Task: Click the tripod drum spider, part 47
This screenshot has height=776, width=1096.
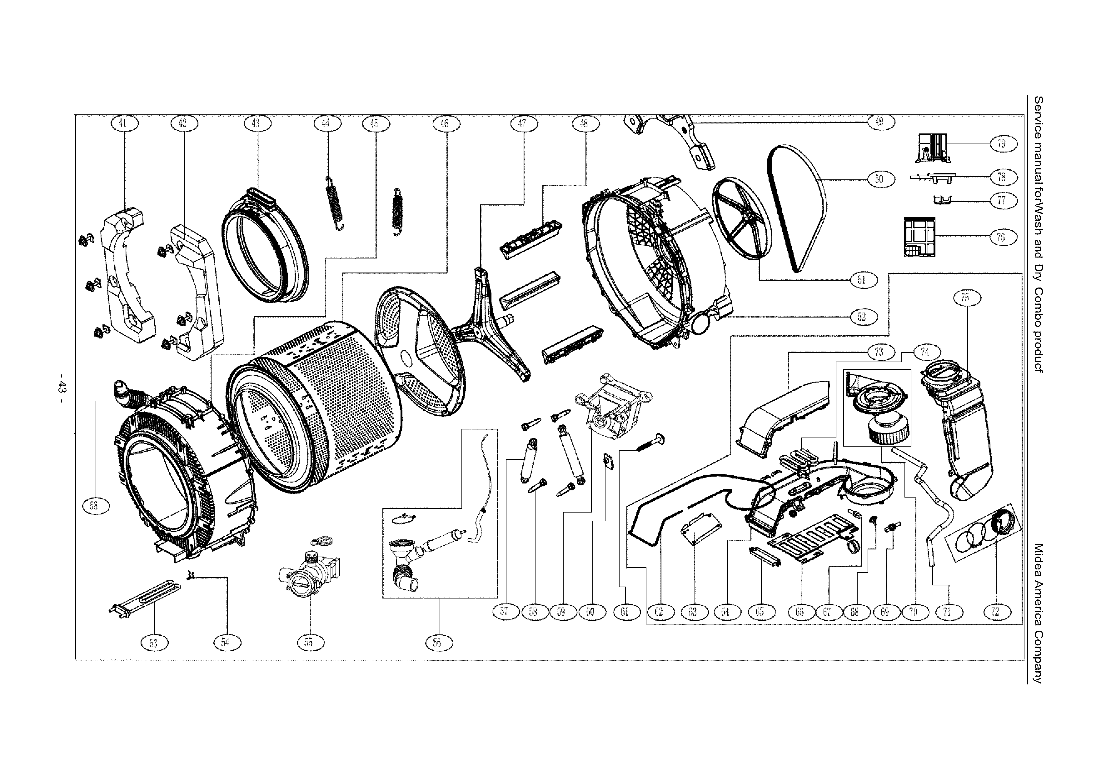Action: click(x=492, y=330)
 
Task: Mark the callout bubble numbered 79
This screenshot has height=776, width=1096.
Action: click(x=1001, y=143)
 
